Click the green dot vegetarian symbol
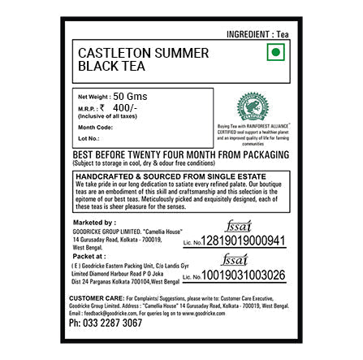[x=275, y=52]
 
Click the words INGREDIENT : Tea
[x=257, y=33]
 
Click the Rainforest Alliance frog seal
[x=253, y=106]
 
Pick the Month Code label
[x=95, y=127]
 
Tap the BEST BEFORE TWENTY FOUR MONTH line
[x=180, y=154]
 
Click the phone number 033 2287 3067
[x=106, y=323]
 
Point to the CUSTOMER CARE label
[x=90, y=297]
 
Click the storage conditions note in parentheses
[x=134, y=163]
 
